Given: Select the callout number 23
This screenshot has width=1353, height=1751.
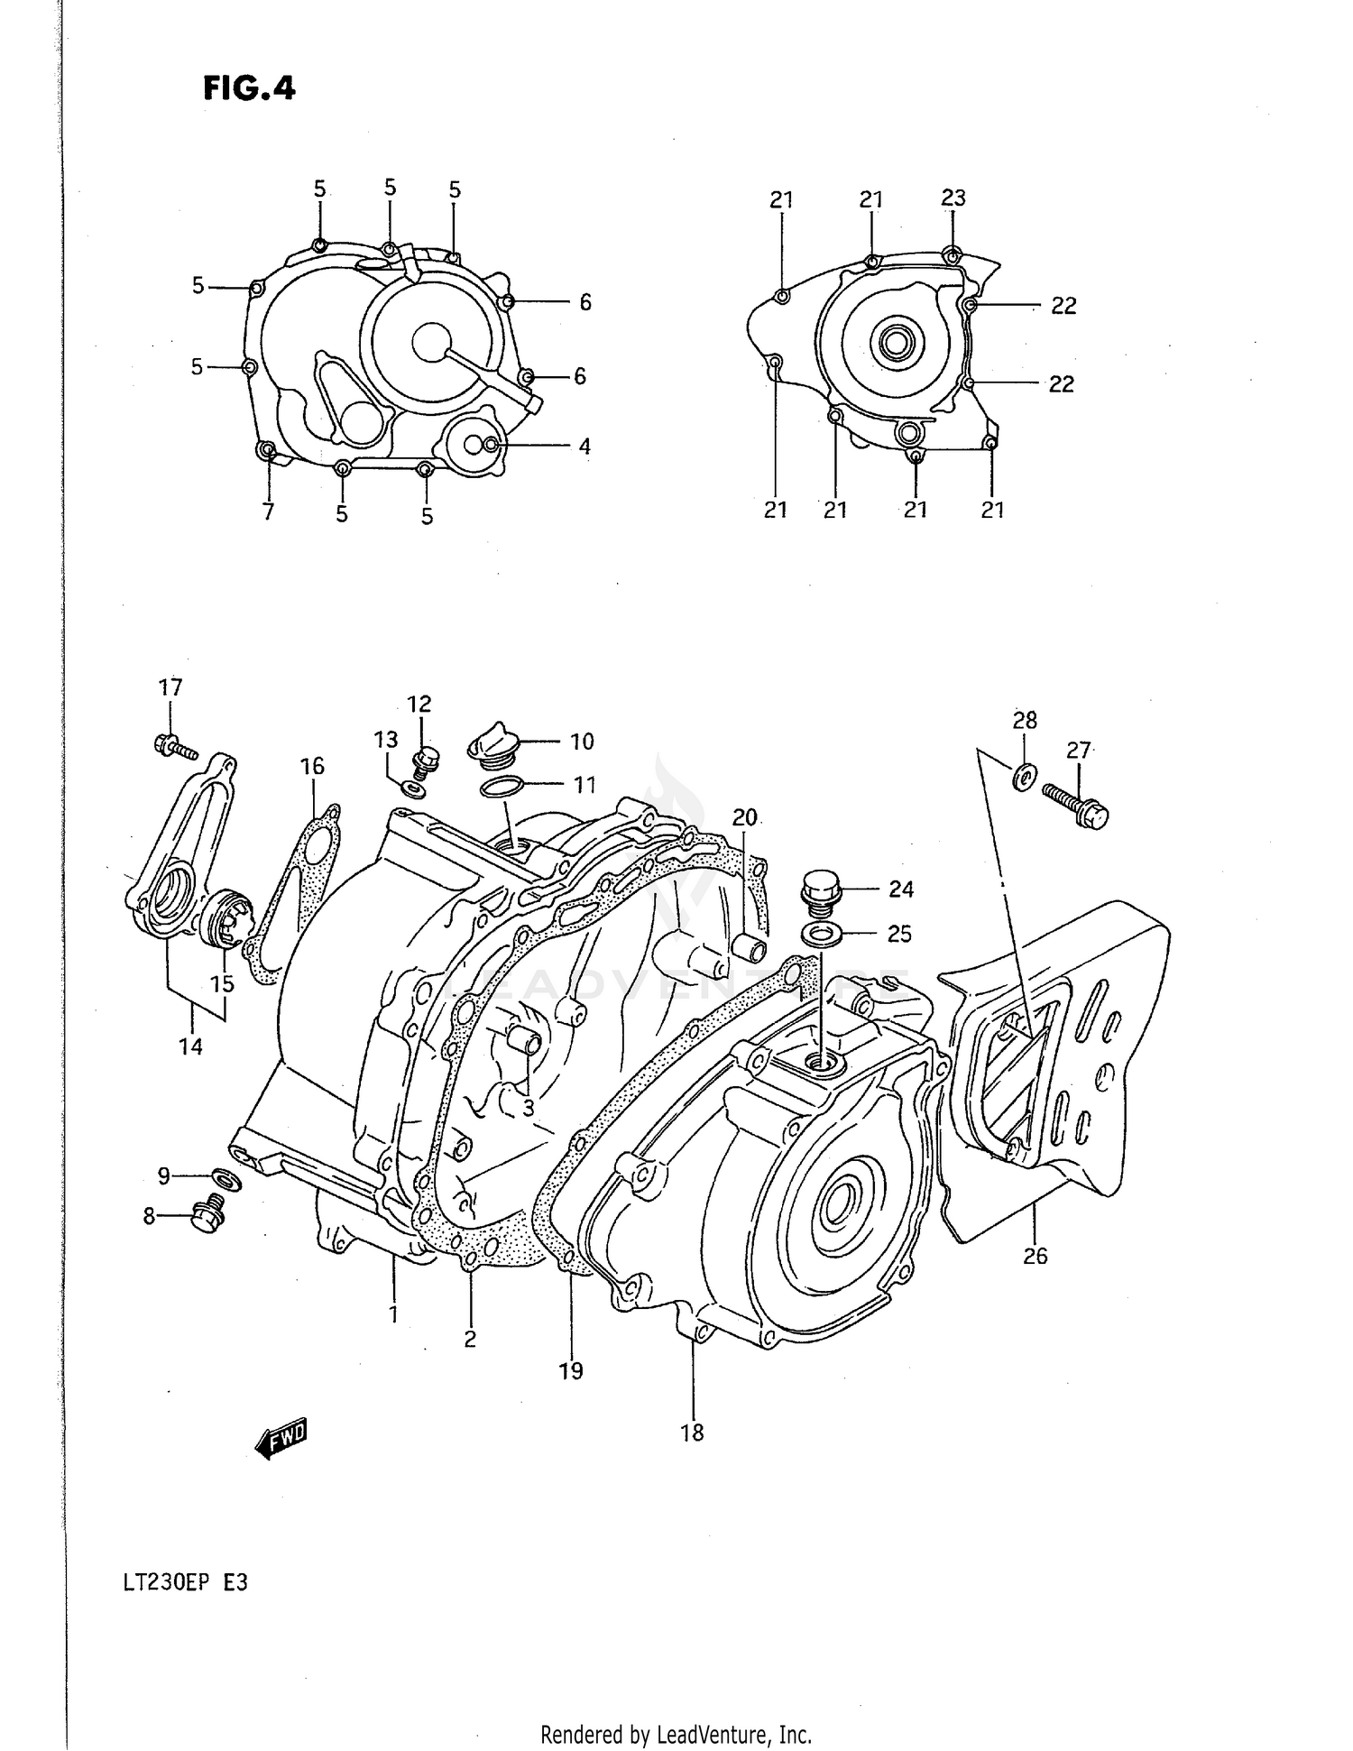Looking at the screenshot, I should [x=953, y=198].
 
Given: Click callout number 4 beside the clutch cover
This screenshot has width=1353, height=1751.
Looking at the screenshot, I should [x=584, y=446].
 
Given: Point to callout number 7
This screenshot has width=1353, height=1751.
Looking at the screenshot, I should [x=268, y=512].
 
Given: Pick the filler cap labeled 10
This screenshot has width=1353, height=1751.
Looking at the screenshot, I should [x=492, y=747].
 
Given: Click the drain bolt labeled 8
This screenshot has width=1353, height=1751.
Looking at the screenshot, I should [x=208, y=1215].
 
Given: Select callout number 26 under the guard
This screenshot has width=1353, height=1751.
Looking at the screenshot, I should [x=1035, y=1255].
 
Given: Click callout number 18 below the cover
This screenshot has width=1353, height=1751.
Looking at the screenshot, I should [x=692, y=1432].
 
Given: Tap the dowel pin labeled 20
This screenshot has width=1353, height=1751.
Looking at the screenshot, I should [x=750, y=949].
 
